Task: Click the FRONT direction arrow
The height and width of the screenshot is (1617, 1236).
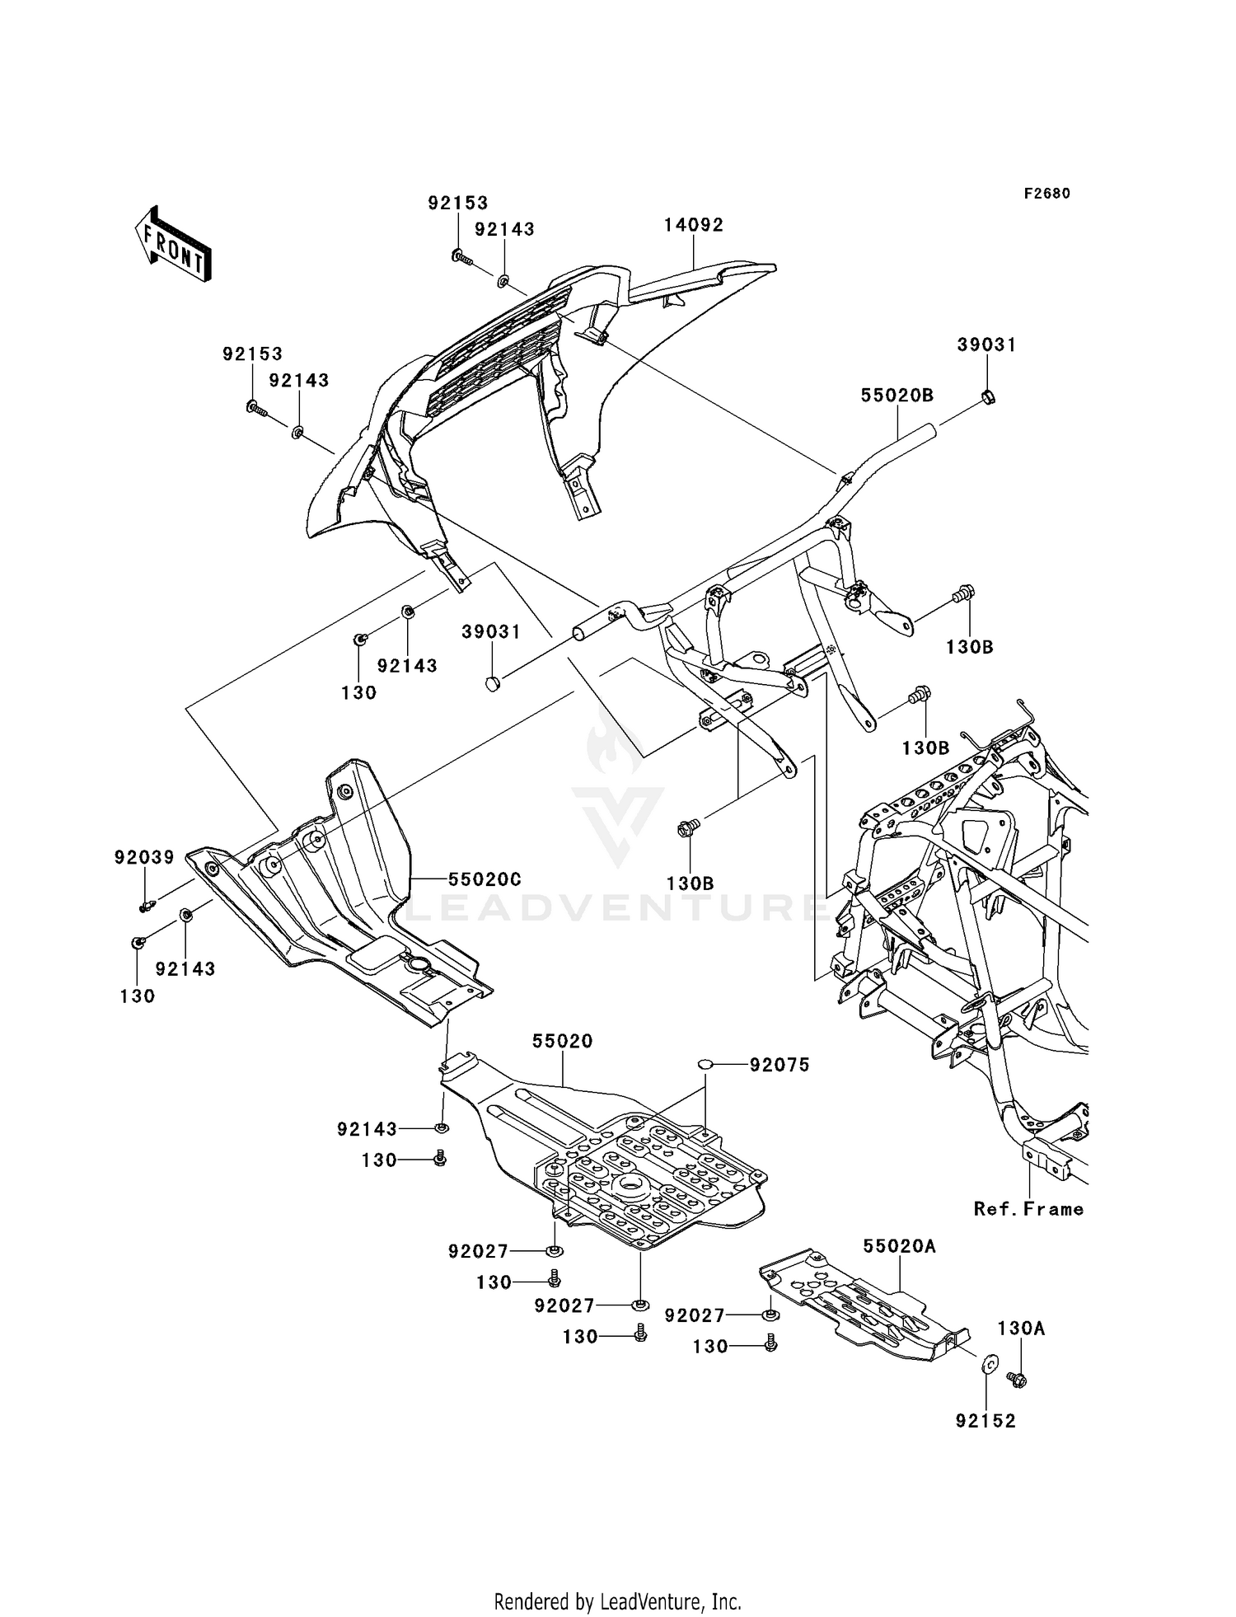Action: tap(173, 246)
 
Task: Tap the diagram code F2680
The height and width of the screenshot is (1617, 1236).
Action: tap(1046, 194)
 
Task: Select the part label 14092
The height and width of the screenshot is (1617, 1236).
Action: tap(694, 225)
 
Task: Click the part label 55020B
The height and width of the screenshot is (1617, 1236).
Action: tap(897, 396)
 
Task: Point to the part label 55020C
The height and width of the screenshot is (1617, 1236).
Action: tap(485, 879)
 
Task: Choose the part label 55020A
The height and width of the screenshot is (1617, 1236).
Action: tap(900, 1246)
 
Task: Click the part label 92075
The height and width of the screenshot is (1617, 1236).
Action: tap(780, 1065)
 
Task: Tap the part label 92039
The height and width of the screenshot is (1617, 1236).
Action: tap(144, 858)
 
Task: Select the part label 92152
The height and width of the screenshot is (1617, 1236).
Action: tap(986, 1421)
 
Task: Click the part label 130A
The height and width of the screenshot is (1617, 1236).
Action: tap(1021, 1329)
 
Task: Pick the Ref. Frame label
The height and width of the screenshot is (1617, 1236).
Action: tap(1028, 1209)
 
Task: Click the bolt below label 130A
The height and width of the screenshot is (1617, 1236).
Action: tap(1018, 1378)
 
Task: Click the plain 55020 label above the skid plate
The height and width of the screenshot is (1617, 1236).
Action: tap(562, 1041)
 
